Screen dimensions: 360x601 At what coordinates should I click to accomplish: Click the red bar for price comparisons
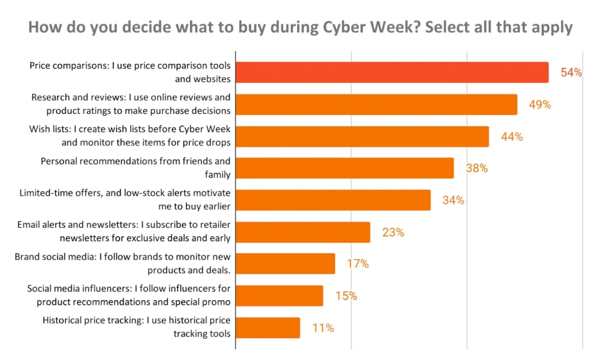(x=392, y=72)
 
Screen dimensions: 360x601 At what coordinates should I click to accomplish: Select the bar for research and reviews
(x=376, y=105)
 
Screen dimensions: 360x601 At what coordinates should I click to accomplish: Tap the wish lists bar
(x=362, y=136)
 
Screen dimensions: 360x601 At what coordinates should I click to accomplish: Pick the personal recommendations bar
(x=345, y=168)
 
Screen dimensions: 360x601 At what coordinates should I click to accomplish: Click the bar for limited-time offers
(x=333, y=200)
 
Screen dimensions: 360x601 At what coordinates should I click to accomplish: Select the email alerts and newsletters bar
(x=303, y=232)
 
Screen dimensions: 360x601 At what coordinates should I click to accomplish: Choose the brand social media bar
(x=285, y=264)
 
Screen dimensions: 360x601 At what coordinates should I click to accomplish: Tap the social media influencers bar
(x=279, y=295)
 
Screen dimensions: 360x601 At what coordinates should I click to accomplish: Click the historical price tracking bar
(x=268, y=328)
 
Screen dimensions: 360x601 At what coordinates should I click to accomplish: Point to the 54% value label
(x=571, y=73)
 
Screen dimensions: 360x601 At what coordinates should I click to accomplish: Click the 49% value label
(x=539, y=105)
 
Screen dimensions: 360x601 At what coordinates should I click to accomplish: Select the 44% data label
(x=512, y=136)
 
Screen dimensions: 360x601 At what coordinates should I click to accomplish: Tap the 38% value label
(x=477, y=168)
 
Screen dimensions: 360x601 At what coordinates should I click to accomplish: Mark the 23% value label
(x=393, y=232)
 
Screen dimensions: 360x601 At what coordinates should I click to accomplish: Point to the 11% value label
(x=323, y=328)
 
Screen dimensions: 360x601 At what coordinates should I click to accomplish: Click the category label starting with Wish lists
(x=130, y=136)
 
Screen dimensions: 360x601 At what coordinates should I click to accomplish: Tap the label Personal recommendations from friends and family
(x=136, y=167)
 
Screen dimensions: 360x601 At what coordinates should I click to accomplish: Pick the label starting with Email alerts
(x=124, y=231)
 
